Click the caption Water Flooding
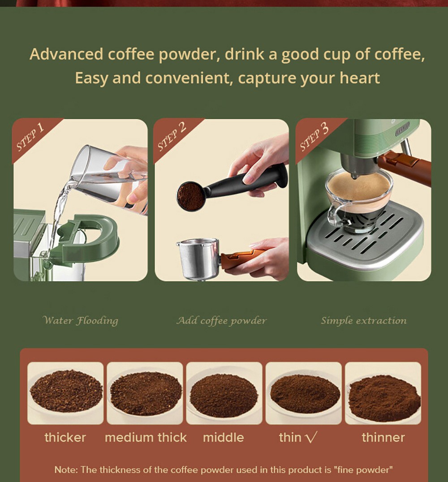pyautogui.click(x=80, y=321)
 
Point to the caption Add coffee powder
pyautogui.click(x=221, y=321)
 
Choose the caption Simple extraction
pyautogui.click(x=364, y=321)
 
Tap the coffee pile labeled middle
pyautogui.click(x=224, y=395)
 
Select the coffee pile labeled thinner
pyautogui.click(x=384, y=398)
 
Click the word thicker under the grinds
pyautogui.click(x=65, y=437)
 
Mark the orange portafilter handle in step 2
pyautogui.click(x=243, y=257)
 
